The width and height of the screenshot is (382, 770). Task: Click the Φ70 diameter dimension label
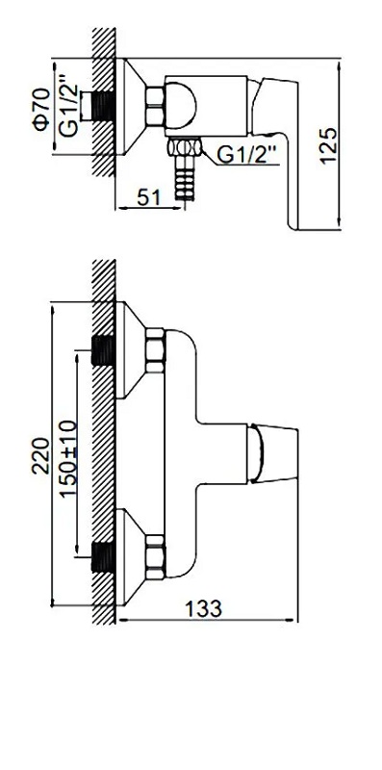click(x=41, y=109)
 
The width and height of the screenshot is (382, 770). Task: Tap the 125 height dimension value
click(x=328, y=145)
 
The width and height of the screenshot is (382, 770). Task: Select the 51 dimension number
click(x=149, y=197)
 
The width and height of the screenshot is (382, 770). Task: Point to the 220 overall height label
click(x=40, y=455)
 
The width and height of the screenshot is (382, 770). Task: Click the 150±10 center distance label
click(x=68, y=459)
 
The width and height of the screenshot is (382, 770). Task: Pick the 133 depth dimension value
click(x=203, y=609)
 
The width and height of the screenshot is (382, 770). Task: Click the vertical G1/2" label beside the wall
click(x=68, y=105)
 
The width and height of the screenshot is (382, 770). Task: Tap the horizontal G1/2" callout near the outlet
click(x=248, y=155)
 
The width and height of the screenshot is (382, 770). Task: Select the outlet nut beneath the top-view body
click(x=185, y=147)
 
